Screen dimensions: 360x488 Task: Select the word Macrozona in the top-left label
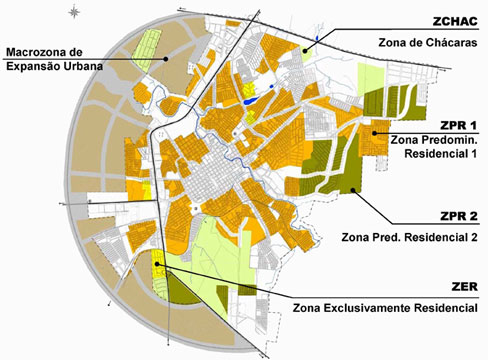click(36, 52)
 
